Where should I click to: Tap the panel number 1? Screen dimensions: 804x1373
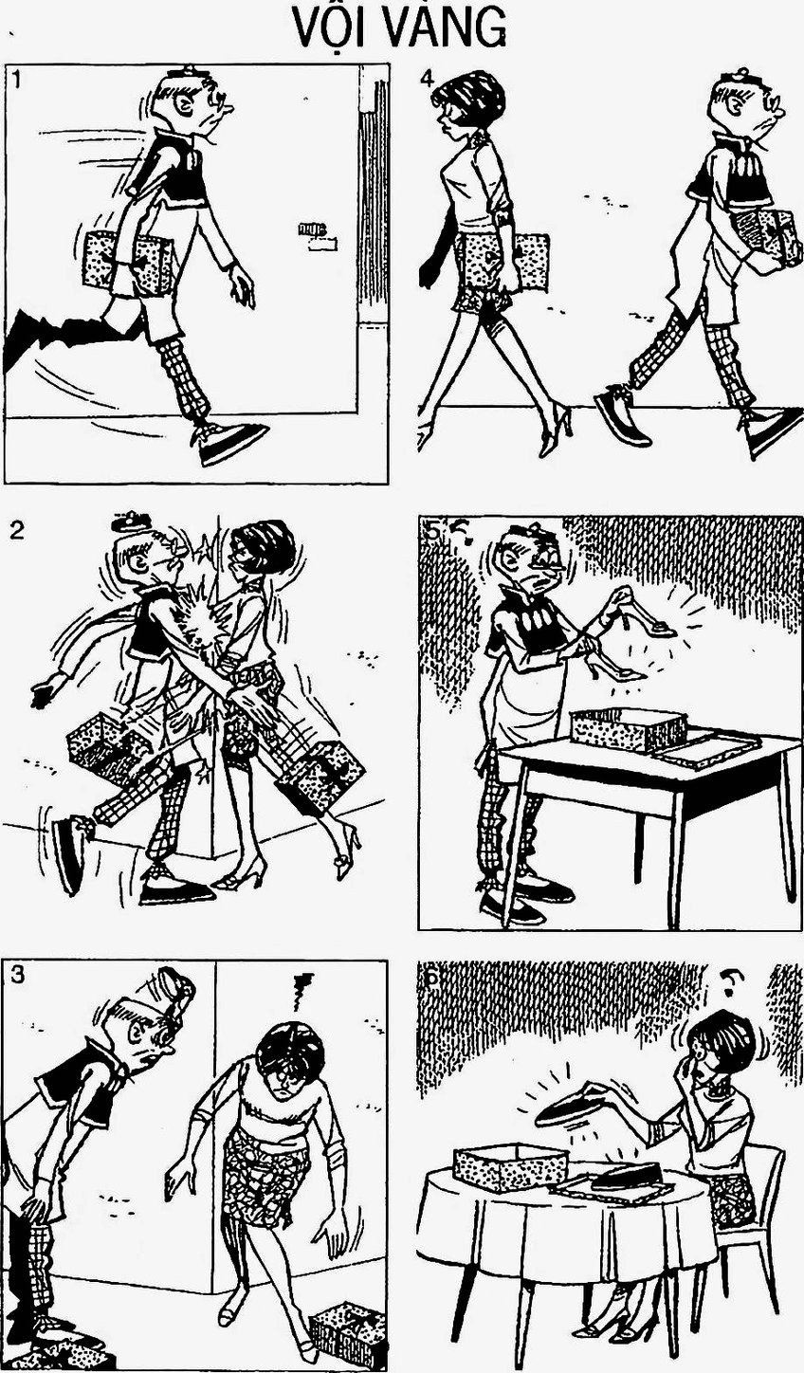16,80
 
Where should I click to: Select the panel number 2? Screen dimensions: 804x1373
16,530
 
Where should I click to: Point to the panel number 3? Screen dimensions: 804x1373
17,975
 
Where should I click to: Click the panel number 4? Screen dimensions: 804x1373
428,79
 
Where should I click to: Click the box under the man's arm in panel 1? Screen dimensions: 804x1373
127,262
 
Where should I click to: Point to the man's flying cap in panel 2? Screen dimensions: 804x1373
130,522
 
